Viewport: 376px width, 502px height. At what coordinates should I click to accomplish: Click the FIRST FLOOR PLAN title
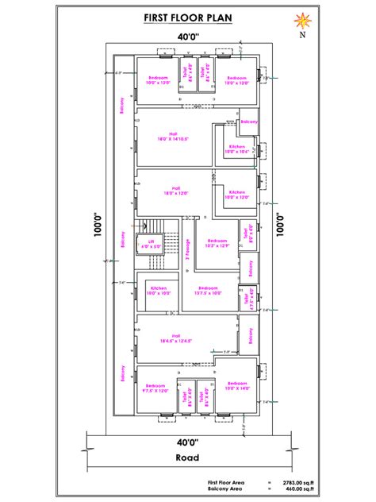pos(188,17)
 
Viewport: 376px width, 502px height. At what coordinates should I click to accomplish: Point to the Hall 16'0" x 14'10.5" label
pos(172,136)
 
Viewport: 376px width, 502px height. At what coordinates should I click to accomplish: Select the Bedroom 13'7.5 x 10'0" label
pos(208,290)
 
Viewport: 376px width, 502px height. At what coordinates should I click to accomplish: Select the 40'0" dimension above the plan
pos(188,37)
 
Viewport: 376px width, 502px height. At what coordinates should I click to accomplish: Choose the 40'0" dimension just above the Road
pos(188,442)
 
